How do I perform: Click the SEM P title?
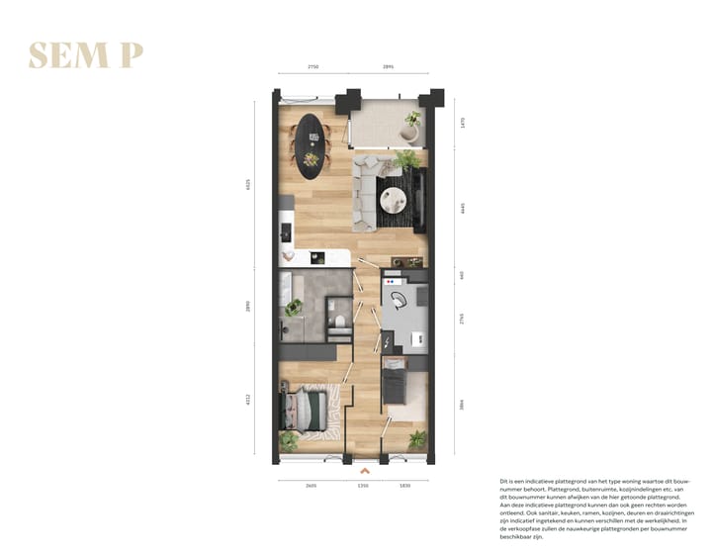[x=86, y=56]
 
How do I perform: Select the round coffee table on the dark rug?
[x=396, y=200]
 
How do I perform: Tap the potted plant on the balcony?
[x=411, y=122]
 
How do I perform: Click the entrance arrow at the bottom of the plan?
[x=363, y=471]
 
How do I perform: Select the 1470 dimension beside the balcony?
[x=462, y=124]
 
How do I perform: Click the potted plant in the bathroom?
[x=292, y=309]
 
